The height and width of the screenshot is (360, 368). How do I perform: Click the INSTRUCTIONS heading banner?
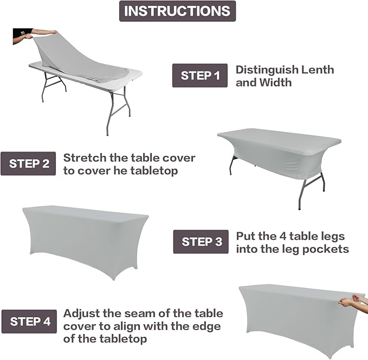178,11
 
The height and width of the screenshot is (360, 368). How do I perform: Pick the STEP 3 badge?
201,241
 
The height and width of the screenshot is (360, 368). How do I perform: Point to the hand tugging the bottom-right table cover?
352,299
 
